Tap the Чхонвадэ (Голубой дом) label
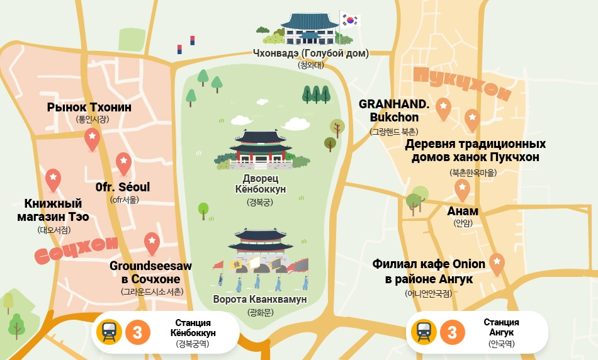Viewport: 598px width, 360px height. point(310,53)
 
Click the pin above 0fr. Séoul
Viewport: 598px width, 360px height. point(123,163)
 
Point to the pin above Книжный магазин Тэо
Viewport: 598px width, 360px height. point(54,179)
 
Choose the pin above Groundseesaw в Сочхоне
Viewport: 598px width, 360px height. point(152,243)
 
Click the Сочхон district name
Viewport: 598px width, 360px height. point(76,250)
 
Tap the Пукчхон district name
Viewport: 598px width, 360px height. point(461,85)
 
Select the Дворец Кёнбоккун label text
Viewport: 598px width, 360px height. point(260,183)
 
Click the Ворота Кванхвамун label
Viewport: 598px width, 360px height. point(260,300)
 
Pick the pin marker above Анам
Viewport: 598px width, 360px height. point(462,189)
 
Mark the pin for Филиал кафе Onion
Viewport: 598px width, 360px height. point(497,263)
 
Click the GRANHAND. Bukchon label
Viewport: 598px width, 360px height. point(394,111)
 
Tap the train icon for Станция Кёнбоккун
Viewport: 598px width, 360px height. point(109,332)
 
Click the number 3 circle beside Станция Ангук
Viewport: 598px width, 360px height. point(452,332)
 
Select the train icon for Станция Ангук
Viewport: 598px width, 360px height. point(424,332)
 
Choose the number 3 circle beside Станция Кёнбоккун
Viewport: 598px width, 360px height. point(137,332)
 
